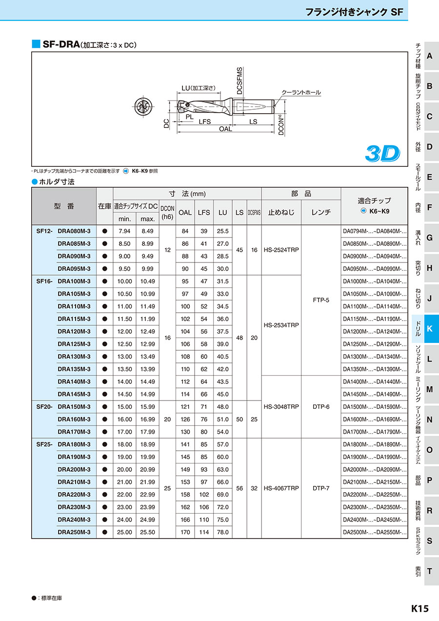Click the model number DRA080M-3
[74, 231]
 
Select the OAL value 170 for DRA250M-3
[185, 532]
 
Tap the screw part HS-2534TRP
[280, 325]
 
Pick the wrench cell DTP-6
[321, 407]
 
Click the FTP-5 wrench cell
[321, 300]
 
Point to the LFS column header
[204, 213]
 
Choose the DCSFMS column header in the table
[254, 213]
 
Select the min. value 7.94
[124, 231]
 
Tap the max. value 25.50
[148, 532]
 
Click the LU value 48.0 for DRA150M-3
[223, 407]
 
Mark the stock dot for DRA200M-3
[104, 470]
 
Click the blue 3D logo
[382, 153]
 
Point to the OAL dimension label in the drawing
[225, 129]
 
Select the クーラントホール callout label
[301, 92]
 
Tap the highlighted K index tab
[429, 328]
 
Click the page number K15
[419, 608]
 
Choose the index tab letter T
[429, 571]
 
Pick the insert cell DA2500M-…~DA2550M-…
[375, 532]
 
